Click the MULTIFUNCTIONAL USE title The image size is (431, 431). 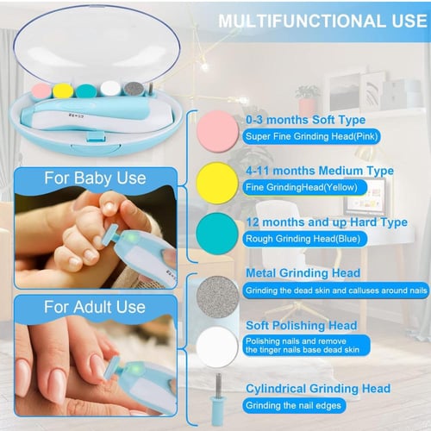[322, 21]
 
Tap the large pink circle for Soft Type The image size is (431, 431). [218, 131]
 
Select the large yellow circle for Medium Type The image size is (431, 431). [217, 183]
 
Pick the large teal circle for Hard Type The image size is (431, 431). [217, 234]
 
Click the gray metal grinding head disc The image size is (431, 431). [217, 297]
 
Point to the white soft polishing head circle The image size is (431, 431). [217, 347]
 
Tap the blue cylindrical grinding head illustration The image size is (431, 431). [218, 399]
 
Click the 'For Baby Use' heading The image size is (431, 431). [95, 178]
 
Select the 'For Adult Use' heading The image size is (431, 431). [95, 307]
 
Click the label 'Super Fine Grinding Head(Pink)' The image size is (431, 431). [311, 136]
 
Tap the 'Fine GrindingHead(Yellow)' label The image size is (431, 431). [302, 187]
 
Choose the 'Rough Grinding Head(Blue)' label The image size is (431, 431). [303, 239]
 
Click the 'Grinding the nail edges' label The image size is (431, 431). [293, 405]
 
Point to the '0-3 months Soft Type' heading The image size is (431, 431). [305, 120]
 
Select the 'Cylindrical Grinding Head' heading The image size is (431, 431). [318, 389]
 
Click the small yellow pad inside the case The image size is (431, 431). [63, 91]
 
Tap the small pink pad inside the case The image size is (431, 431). [41, 91]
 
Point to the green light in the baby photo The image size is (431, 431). [131, 238]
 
